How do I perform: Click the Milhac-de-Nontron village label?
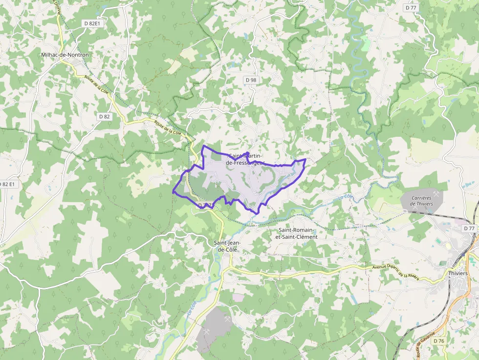coord(65,55)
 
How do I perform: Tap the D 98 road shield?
coord(251,80)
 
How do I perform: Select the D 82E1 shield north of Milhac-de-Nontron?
coord(90,23)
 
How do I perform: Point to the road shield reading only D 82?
coord(104,116)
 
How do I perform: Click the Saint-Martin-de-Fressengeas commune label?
coord(246,159)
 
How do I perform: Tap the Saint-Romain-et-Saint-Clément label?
coord(298,233)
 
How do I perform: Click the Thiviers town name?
coord(458,274)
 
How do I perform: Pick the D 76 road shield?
coord(439,341)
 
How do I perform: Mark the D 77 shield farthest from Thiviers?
coord(411,7)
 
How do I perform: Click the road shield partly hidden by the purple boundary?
coord(204,206)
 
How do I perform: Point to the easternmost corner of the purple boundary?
coord(306,159)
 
